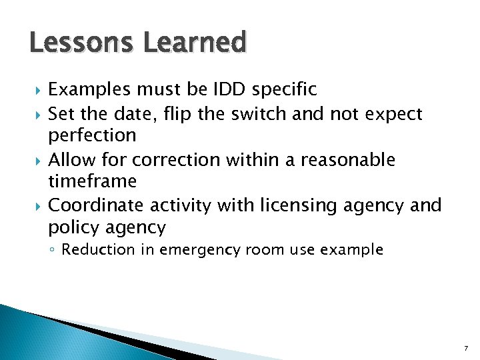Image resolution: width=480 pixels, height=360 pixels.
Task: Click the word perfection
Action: point(92,135)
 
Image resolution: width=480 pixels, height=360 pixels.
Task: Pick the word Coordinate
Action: point(97,205)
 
